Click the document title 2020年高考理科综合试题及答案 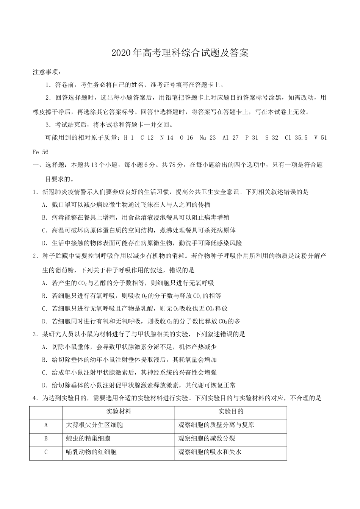click(x=180, y=53)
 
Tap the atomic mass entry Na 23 click(x=207, y=138)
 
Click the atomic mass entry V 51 click(x=320, y=138)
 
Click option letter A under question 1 click(x=45, y=205)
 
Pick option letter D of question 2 click(x=45, y=322)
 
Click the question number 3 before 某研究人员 click(x=35, y=334)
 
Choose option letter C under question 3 click(x=45, y=373)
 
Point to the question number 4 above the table click(x=35, y=398)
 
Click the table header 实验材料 click(x=119, y=411)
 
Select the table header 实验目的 click(x=231, y=411)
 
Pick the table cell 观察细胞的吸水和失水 click(x=210, y=452)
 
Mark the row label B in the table click(x=46, y=439)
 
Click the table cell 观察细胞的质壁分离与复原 click(x=216, y=425)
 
